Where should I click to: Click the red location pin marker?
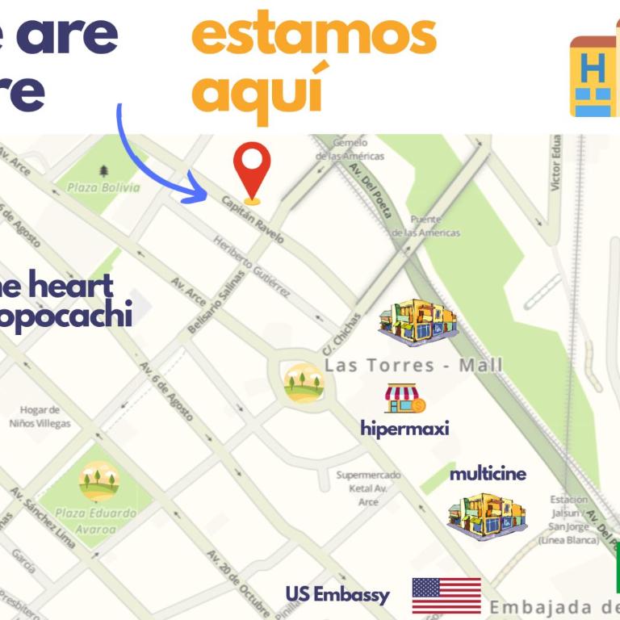pos(252,167)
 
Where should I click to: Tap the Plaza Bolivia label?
pos(103,187)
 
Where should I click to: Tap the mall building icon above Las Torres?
pos(417,322)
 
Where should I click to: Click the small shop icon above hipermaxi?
pos(404,399)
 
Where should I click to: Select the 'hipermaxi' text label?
pos(404,428)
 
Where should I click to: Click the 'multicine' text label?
pos(488,473)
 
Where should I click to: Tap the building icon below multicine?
pos(487,516)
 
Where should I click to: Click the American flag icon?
pos(446,596)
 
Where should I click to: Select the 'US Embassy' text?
pos(337,595)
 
